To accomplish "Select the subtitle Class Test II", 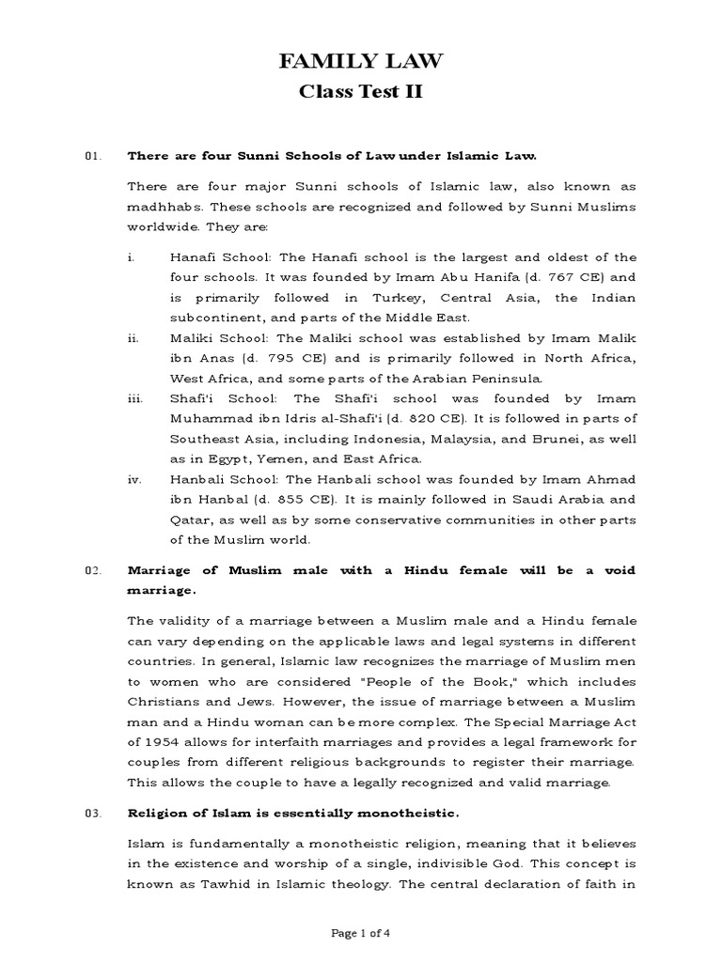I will click(x=361, y=93).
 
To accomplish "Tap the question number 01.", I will click(x=92, y=155).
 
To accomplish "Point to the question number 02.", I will click(x=92, y=571).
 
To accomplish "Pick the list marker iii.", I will click(x=134, y=399).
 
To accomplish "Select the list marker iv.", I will click(x=134, y=479).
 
